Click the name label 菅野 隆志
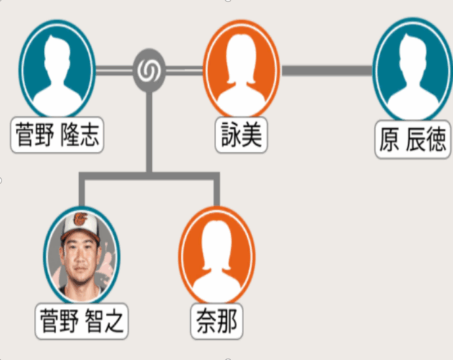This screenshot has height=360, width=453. coord(58,135)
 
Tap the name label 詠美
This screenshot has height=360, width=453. coord(241,135)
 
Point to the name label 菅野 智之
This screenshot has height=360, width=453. coord(81,320)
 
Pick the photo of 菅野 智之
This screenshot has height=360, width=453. coord(81,258)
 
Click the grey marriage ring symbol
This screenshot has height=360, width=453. coord(150,70)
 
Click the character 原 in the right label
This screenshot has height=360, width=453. coord(390,140)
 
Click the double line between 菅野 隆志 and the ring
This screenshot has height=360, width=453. coord(115,70)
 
